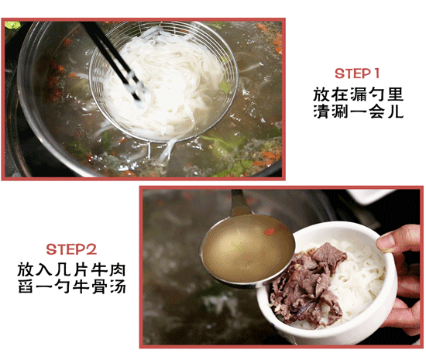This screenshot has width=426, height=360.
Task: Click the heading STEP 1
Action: tap(357, 74)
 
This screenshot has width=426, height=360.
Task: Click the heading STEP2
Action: tap(71, 249)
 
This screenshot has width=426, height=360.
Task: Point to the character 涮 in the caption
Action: tap(340, 111)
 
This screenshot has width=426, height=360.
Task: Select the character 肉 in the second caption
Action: tap(118, 270)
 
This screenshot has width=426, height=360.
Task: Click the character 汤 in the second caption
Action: tap(118, 286)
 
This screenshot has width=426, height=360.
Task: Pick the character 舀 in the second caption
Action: tap(26, 286)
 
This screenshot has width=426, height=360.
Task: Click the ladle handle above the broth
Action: tap(239, 201)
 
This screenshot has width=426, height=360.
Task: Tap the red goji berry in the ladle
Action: tap(270, 231)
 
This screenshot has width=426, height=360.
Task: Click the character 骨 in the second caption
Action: tap(99, 286)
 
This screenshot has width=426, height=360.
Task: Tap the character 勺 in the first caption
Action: tap(376, 94)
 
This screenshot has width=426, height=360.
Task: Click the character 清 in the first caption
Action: tap(321, 111)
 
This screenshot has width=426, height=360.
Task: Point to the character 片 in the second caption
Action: tap(81, 270)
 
